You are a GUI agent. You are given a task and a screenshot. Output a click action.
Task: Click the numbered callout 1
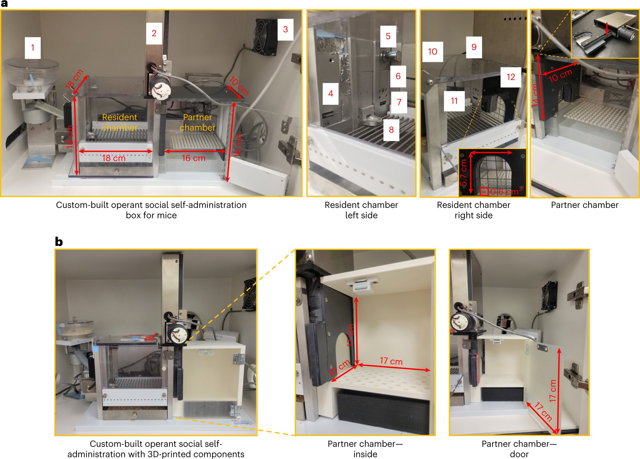click(33, 48)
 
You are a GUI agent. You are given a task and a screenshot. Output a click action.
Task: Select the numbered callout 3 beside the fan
click(285, 29)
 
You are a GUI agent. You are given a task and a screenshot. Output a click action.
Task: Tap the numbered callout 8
click(391, 130)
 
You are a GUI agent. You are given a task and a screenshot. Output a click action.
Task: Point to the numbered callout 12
click(511, 77)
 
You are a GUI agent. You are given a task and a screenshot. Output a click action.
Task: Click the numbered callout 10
click(433, 52)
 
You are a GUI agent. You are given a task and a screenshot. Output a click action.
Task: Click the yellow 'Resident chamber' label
click(120, 122)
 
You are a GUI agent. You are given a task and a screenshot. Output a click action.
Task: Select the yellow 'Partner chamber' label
click(198, 122)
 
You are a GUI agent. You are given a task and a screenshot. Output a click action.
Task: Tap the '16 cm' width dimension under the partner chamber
click(193, 158)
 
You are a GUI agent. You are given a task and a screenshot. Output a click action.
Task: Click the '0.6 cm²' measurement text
click(506, 192)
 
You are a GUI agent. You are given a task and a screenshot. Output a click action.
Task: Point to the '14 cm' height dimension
click(536, 95)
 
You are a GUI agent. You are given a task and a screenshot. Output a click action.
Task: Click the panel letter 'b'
click(59, 241)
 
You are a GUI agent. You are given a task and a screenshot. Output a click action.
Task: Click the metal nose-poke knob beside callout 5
click(390, 56)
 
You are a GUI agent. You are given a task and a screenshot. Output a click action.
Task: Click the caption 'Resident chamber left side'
click(361, 210)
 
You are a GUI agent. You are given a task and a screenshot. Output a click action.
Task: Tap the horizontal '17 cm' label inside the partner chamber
click(391, 361)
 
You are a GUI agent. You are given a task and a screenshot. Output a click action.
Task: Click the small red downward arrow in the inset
click(607, 28)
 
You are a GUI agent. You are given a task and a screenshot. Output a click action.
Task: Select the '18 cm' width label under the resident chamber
click(114, 158)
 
